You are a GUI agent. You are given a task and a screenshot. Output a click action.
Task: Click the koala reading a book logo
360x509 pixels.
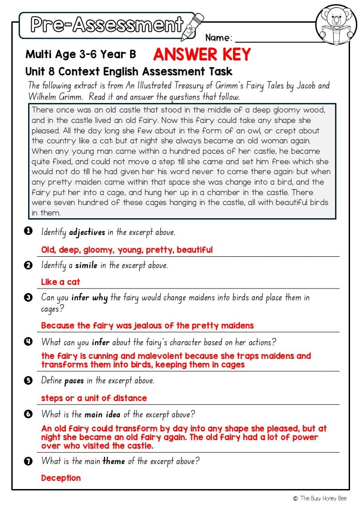coord(336,25)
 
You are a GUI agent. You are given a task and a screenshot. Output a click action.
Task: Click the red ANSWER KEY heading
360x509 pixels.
coord(202,55)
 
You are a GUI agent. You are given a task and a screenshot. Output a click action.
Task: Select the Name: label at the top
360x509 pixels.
coord(219,38)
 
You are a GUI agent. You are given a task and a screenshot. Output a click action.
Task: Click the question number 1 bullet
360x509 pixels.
coord(28,231)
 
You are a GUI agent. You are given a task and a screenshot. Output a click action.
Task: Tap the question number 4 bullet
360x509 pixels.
coord(28,342)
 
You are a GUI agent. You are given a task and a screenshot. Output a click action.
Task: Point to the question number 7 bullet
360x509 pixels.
coord(28,461)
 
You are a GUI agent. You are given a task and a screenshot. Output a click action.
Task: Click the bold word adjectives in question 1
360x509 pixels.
coord(87,232)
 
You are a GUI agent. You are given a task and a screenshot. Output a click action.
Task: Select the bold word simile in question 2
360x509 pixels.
coord(86,265)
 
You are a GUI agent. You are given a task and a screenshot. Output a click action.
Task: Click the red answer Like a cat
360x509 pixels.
coord(60,282)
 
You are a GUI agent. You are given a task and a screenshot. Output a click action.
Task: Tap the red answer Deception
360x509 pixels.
coord(61,478)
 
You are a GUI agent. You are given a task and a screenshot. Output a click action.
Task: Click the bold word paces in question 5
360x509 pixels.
coord(74,381)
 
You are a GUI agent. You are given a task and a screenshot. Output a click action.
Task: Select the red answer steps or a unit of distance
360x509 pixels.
coord(94,398)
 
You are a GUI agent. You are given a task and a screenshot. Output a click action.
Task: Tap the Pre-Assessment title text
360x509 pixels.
coord(107,25)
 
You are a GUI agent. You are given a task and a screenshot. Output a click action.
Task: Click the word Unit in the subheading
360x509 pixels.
coord(35,71)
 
